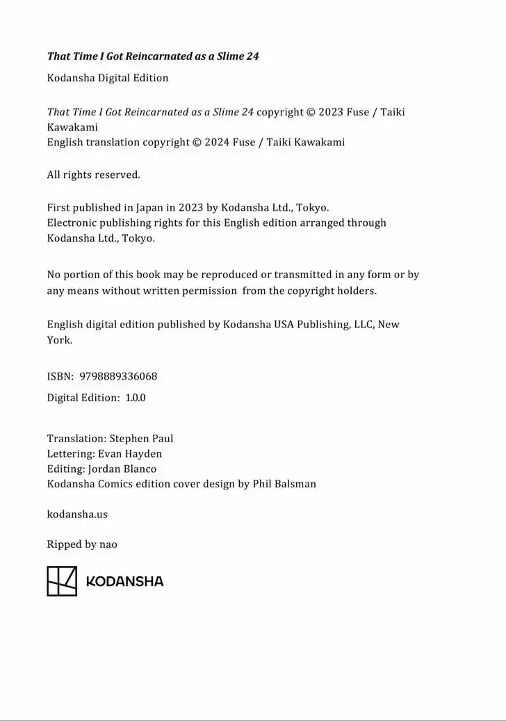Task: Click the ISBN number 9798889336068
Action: click(x=118, y=376)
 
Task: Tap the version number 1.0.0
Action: click(x=135, y=398)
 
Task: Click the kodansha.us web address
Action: click(x=77, y=515)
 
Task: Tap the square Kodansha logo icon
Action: click(x=62, y=581)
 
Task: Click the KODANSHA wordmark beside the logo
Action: click(x=124, y=581)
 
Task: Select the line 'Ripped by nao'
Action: click(x=82, y=544)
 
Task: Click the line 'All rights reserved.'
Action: click(x=93, y=175)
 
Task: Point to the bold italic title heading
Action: click(x=153, y=56)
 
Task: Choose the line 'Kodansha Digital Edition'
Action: click(x=108, y=78)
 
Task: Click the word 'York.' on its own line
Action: click(x=59, y=340)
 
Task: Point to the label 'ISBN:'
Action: click(x=60, y=376)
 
